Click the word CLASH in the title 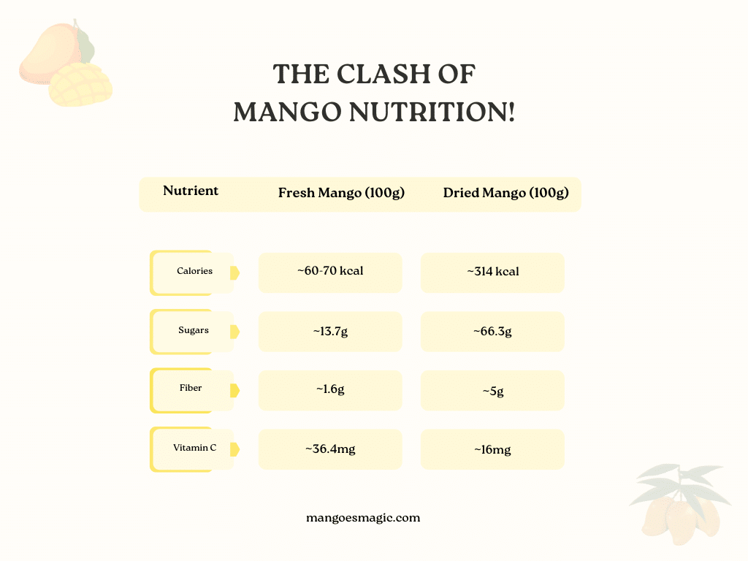(384, 75)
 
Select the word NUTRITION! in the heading (432, 112)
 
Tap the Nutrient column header (191, 191)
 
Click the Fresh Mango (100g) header (341, 193)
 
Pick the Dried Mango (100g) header (505, 193)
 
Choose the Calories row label (194, 271)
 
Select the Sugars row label (193, 330)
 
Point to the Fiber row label (191, 388)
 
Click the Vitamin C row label (194, 448)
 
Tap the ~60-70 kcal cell (330, 271)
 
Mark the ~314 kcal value (493, 272)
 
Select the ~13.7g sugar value (330, 332)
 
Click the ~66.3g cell (492, 332)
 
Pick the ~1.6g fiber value (330, 389)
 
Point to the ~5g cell (493, 392)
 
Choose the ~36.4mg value (330, 449)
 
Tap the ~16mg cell (492, 450)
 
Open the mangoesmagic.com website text (363, 518)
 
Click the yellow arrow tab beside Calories (234, 273)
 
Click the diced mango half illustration (80, 85)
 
